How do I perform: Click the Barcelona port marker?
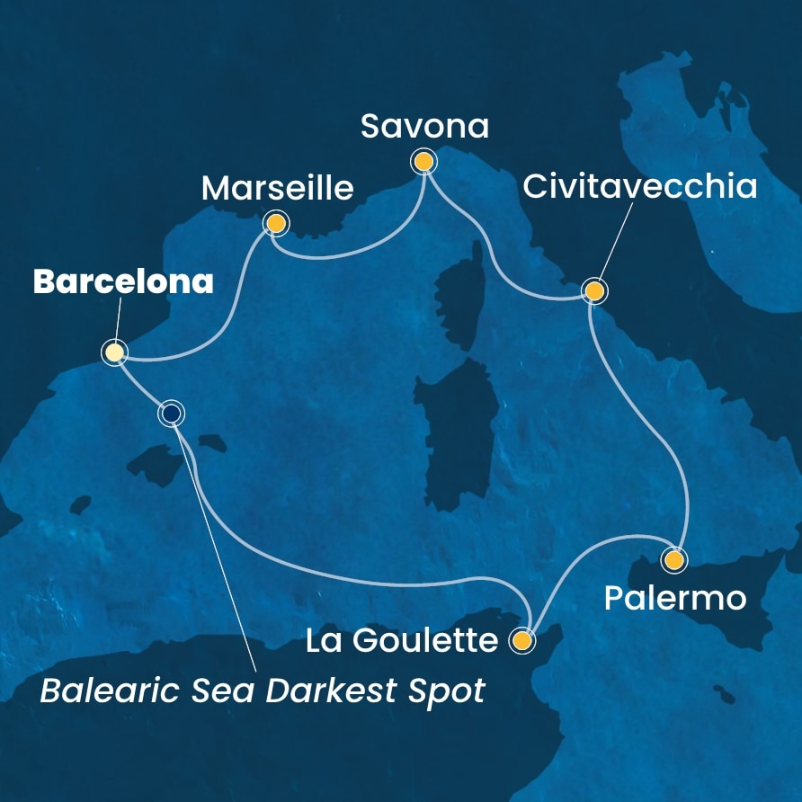[x=114, y=352]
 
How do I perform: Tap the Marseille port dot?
[x=275, y=223]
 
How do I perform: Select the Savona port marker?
[x=423, y=162]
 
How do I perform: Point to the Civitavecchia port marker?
[x=594, y=291]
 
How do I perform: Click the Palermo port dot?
[x=673, y=560]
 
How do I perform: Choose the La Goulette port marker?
[x=521, y=641]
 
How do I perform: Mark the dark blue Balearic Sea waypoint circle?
[x=171, y=414]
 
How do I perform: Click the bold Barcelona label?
[x=123, y=282]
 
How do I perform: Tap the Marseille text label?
[x=277, y=189]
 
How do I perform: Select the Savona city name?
[x=424, y=127]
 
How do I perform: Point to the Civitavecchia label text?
[x=640, y=188]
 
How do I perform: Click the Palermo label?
[x=674, y=598]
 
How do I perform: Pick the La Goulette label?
[x=401, y=641]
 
